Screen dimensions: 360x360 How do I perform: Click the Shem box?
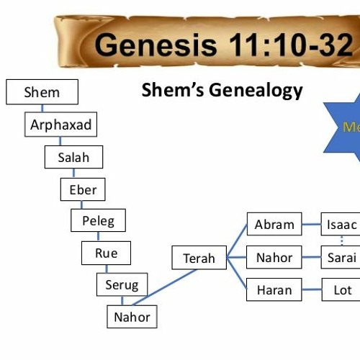point(42,92)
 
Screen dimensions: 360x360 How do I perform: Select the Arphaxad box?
point(60,125)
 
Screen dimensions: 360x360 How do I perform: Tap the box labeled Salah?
point(73,157)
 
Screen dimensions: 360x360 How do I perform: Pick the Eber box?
point(83,189)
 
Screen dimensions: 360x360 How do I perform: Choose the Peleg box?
point(98,221)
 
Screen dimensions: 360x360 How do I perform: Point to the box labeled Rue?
point(106,253)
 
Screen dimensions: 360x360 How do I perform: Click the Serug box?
point(122,284)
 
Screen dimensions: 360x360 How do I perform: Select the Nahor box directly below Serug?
point(132,316)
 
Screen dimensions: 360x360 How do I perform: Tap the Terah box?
point(199,258)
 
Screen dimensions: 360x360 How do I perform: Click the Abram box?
point(274,225)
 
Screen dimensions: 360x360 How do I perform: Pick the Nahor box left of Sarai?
point(274,257)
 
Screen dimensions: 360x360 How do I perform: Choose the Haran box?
point(274,290)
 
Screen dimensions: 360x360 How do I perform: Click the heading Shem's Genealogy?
point(222,91)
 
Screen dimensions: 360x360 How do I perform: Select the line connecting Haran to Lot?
point(311,290)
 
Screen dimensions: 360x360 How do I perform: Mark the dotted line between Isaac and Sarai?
point(341,241)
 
